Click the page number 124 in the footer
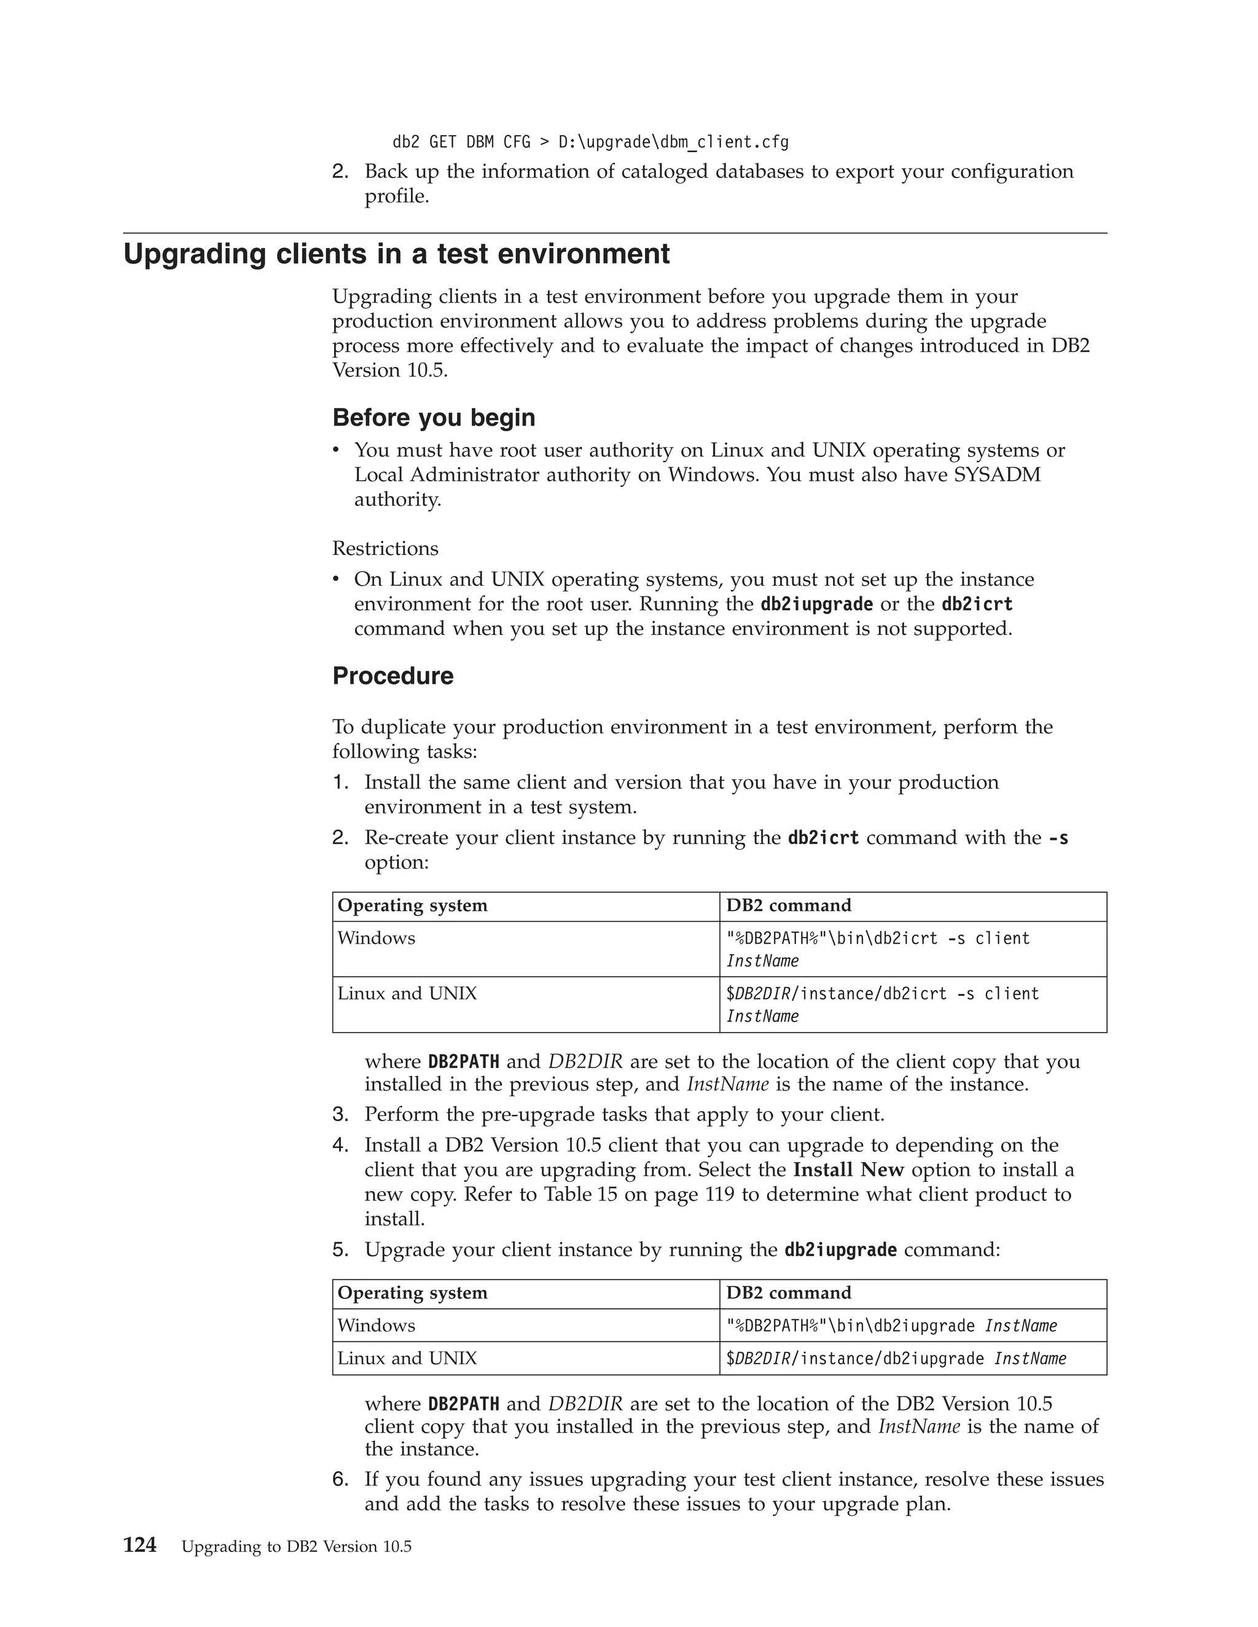coord(139,1545)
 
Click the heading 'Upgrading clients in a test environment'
coord(396,254)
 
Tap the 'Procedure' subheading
coord(392,676)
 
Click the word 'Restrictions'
coord(385,548)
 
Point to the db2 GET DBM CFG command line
coord(590,142)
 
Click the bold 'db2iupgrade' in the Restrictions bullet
coord(816,604)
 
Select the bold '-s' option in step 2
coord(1058,837)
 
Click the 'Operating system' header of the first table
coord(412,905)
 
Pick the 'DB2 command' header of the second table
coord(789,1292)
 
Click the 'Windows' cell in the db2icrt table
coord(377,938)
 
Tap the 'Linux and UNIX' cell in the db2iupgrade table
coord(407,1358)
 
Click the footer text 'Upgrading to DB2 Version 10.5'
coord(296,1547)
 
